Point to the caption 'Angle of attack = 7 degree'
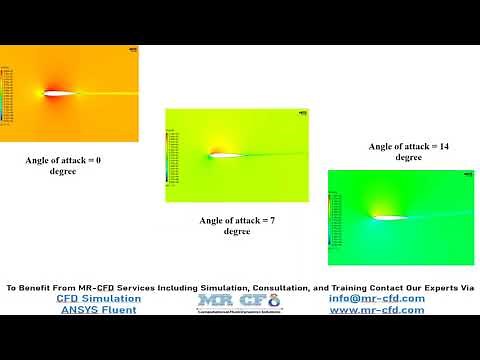[x=237, y=225]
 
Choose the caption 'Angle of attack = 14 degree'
[x=407, y=151]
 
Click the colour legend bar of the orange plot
[x=4, y=95]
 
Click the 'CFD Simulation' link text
[x=98, y=298]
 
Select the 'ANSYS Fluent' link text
[x=98, y=310]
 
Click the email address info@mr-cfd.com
[x=376, y=298]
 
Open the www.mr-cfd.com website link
[x=377, y=310]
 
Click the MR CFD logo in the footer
[x=239, y=302]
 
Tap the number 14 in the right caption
[x=440, y=146]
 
